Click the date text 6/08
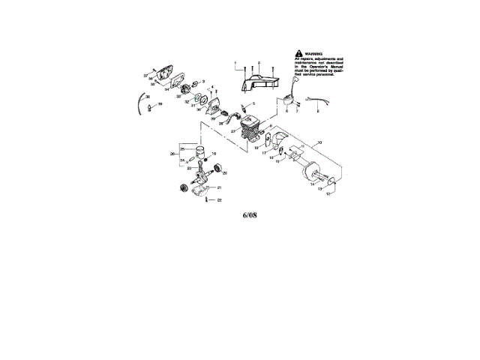(x=250, y=217)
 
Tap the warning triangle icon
(x=299, y=53)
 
